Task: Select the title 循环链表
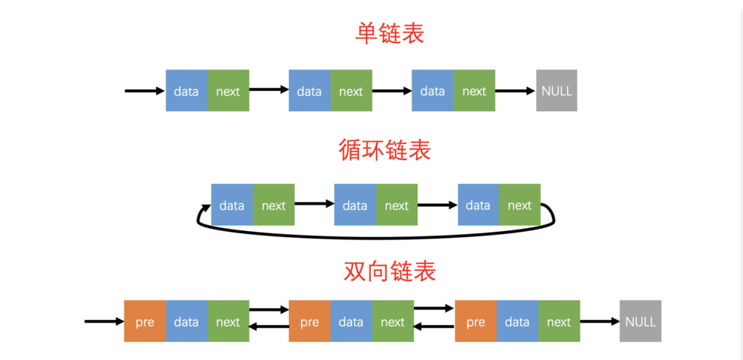coord(385,150)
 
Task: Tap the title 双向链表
coord(390,271)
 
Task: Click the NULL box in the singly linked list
coord(557,91)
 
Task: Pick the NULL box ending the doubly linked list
coord(640,321)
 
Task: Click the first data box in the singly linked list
coord(186,91)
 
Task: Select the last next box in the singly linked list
coord(474,91)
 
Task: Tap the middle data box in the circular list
coord(355,205)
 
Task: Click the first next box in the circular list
coord(274,205)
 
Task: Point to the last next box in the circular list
coord(520,205)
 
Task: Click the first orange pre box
coord(145,321)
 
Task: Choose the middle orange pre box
coord(310,321)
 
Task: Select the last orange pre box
coord(476,321)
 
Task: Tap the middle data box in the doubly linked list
coord(351,321)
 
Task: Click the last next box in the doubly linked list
coord(559,321)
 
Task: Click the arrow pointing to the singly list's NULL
coord(515,91)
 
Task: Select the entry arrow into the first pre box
coord(104,321)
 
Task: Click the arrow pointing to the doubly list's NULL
coord(599,321)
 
